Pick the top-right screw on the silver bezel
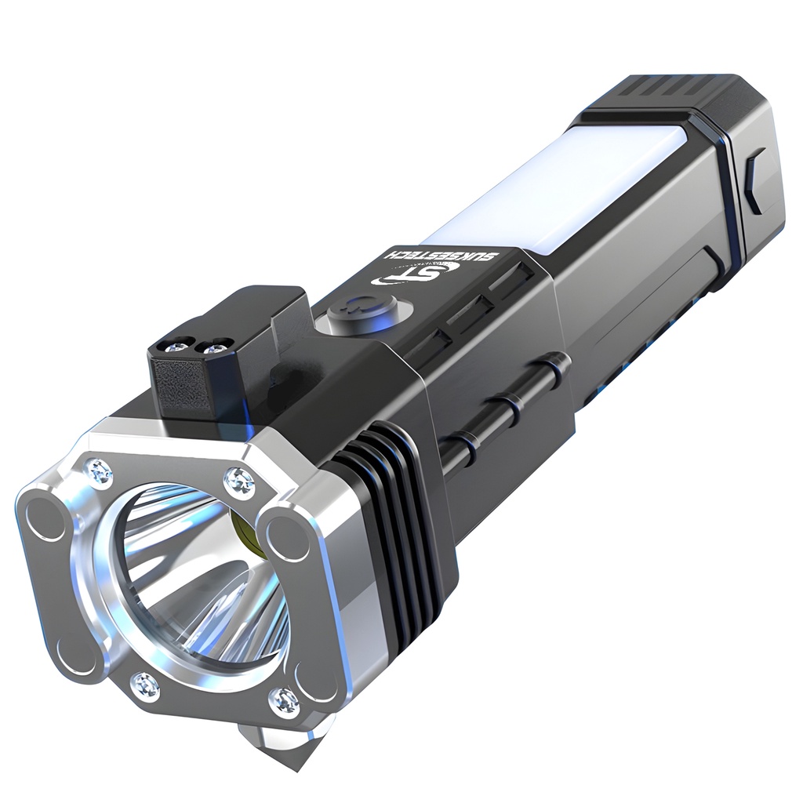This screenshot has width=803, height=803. click(x=239, y=482)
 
